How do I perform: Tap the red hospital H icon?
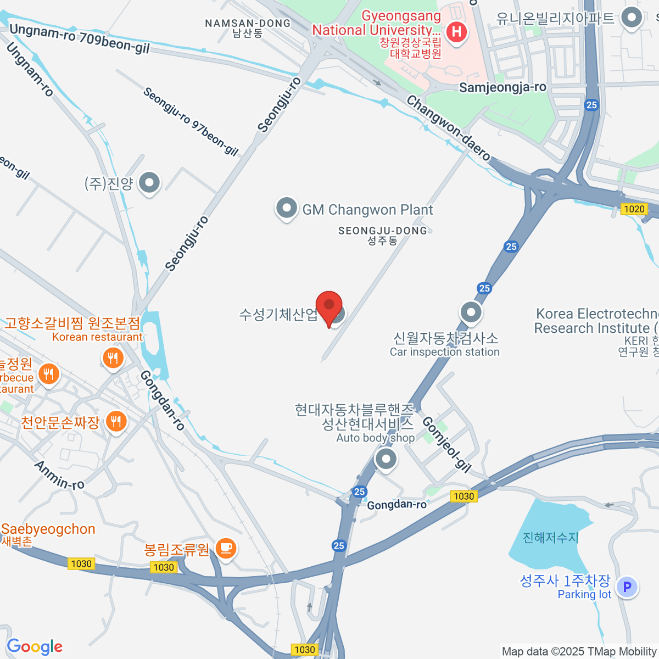[x=456, y=32]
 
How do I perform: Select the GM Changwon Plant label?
[x=367, y=210]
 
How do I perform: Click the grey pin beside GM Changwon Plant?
[x=286, y=209]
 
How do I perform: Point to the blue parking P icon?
[x=627, y=587]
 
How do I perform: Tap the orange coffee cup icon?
[x=226, y=548]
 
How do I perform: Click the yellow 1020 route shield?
[x=634, y=209]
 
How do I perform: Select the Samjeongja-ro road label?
[x=502, y=87]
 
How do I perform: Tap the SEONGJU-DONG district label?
[x=382, y=231]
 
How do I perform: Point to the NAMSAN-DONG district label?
[x=248, y=24]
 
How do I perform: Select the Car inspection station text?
[x=444, y=352]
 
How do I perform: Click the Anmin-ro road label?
[x=59, y=475]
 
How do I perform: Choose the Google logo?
[x=35, y=647]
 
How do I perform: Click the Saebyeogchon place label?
[x=48, y=529]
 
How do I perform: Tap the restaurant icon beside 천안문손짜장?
[x=115, y=422]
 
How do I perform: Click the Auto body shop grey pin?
[x=386, y=458]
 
